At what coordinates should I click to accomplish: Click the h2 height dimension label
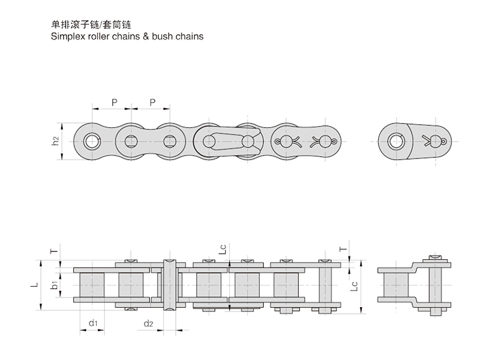point(55,142)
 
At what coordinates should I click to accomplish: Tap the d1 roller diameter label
point(92,324)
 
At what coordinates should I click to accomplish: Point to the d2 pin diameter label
point(149,324)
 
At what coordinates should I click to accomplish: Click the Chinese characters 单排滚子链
point(73,25)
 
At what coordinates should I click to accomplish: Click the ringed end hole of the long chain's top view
point(92,142)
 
